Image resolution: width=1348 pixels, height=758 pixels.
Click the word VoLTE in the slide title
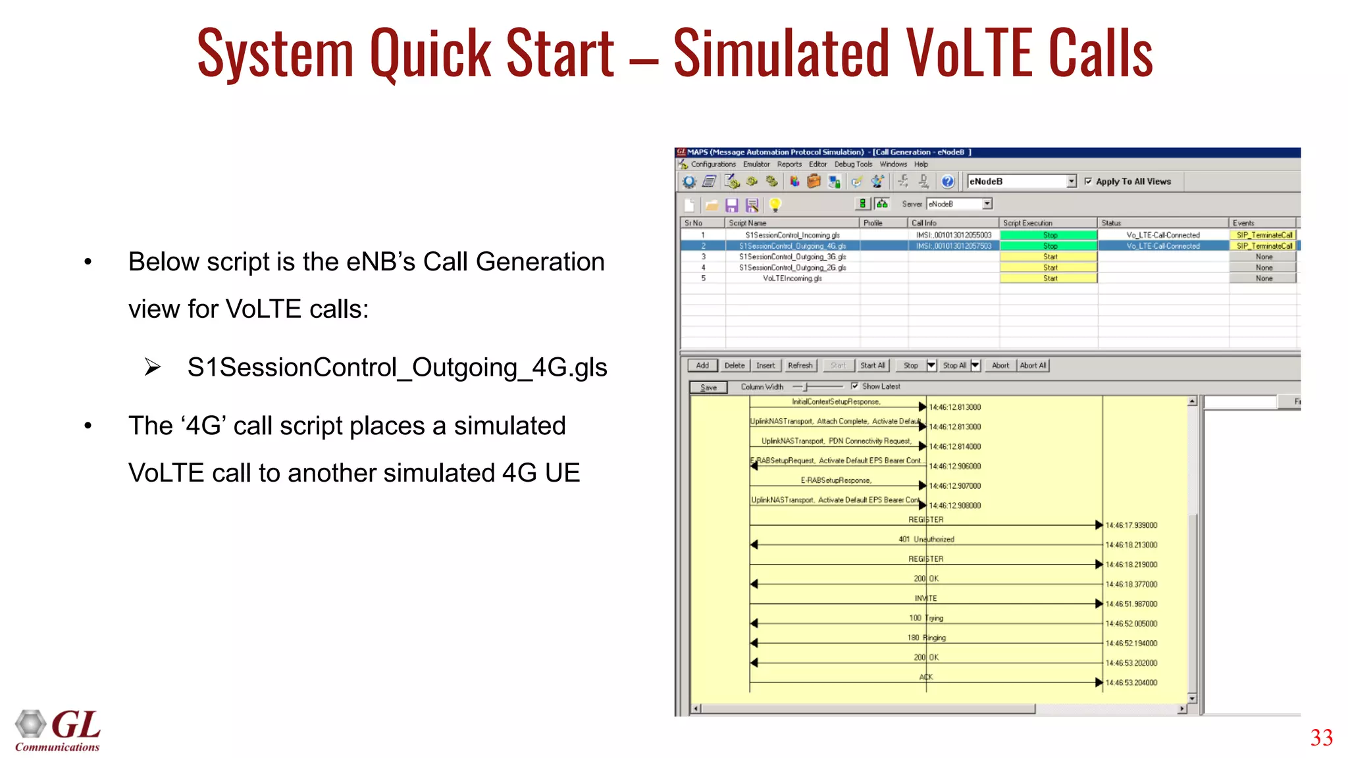(x=970, y=53)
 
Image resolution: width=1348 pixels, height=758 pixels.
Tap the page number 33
(x=1321, y=738)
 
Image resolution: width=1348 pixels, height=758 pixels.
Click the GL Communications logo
(x=58, y=730)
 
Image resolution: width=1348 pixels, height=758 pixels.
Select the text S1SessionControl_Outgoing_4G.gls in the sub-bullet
(x=397, y=367)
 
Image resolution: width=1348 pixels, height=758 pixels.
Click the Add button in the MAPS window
(x=702, y=366)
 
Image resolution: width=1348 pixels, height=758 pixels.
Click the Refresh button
(x=800, y=366)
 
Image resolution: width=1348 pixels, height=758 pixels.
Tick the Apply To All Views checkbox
(x=1088, y=182)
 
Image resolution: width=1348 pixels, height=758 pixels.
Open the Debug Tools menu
(x=853, y=164)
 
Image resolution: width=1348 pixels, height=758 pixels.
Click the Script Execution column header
(x=1027, y=223)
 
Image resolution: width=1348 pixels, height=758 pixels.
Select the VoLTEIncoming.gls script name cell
(x=792, y=278)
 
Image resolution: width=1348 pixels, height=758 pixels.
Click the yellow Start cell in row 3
(x=1049, y=257)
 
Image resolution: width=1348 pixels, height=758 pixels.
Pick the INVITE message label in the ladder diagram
(x=925, y=598)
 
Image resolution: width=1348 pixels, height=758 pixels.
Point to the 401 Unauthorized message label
(x=926, y=539)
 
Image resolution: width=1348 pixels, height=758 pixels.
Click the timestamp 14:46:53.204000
(x=1131, y=682)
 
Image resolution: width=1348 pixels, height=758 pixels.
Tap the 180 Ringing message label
(x=926, y=638)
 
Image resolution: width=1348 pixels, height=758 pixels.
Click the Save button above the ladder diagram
(x=708, y=388)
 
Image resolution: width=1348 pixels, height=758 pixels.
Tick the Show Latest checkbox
(x=854, y=386)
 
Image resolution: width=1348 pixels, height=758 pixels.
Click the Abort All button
(x=1033, y=366)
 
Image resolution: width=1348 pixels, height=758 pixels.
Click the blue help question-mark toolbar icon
(x=947, y=182)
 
